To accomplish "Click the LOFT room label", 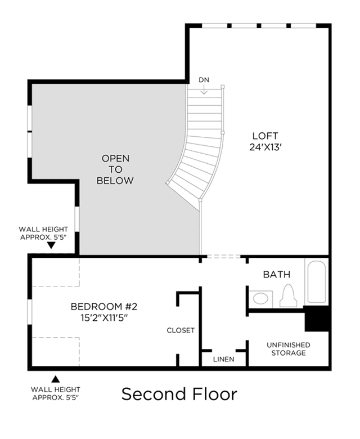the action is point(265,136).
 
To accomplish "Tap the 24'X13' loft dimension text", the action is point(265,147).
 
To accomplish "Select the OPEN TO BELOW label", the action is point(115,169).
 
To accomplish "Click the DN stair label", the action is point(204,80).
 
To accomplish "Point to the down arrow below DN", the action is point(204,89).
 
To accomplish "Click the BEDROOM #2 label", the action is point(103,307).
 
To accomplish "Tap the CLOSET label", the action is point(181,330).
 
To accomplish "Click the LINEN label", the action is point(223,359).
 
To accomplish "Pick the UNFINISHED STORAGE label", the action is point(289,349).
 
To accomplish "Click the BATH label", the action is point(277,275).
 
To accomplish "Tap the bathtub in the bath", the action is point(317,281).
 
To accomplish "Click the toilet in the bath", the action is point(288,295).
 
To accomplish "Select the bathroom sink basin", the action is point(260,298).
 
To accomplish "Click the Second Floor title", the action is point(179,394).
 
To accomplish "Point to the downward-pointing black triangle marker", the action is point(51,245).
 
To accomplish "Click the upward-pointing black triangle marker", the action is point(56,379).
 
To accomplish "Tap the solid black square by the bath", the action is point(316,319).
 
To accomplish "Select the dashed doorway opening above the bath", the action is point(224,256).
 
